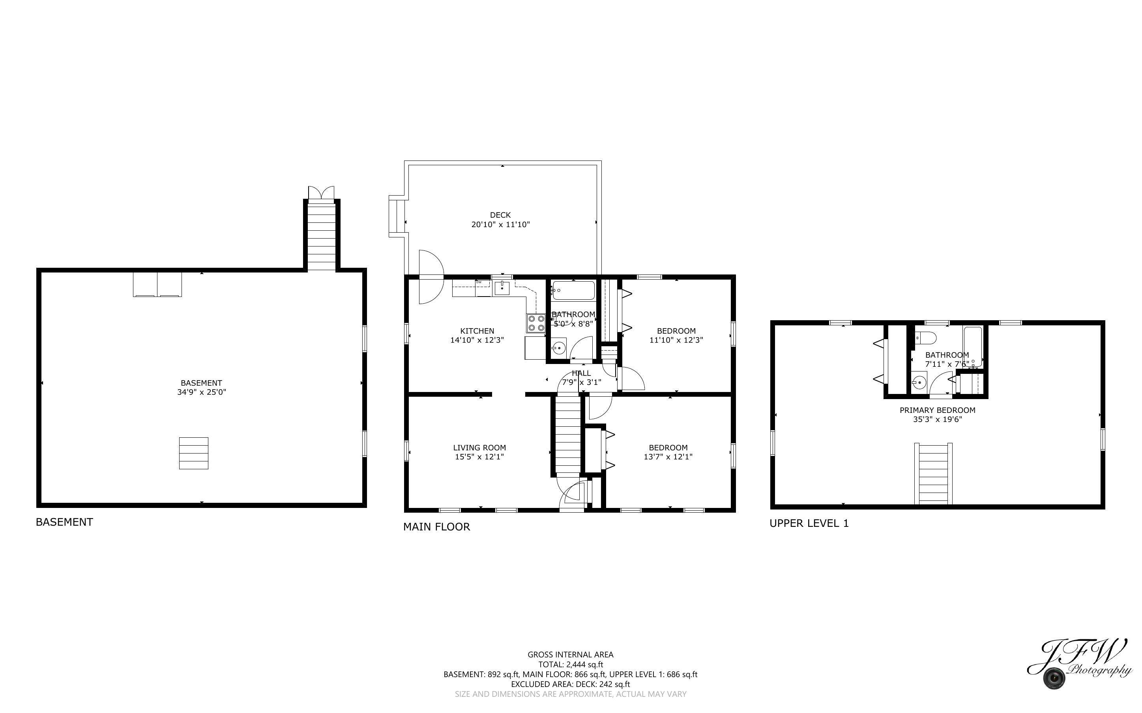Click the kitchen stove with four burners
536,323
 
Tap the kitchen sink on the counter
502,287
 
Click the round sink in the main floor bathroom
558,348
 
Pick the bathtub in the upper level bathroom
973,347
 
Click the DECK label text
500,215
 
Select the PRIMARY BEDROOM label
937,410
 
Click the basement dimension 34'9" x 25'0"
201,392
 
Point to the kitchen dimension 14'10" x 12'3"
477,340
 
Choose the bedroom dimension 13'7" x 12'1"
668,457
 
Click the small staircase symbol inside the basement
193,453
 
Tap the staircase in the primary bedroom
933,474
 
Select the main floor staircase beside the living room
568,435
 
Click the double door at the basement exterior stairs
321,193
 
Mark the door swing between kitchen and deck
431,277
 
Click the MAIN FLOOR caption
436,527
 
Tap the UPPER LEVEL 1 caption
809,523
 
